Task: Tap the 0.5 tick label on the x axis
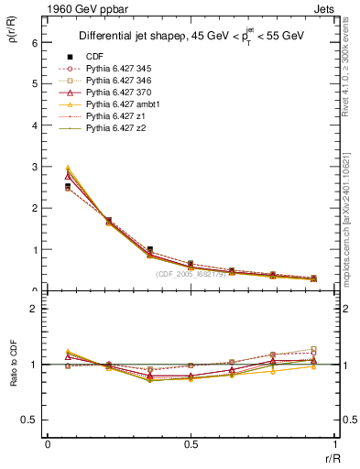(x=191, y=444)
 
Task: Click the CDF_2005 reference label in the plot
(x=192, y=274)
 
